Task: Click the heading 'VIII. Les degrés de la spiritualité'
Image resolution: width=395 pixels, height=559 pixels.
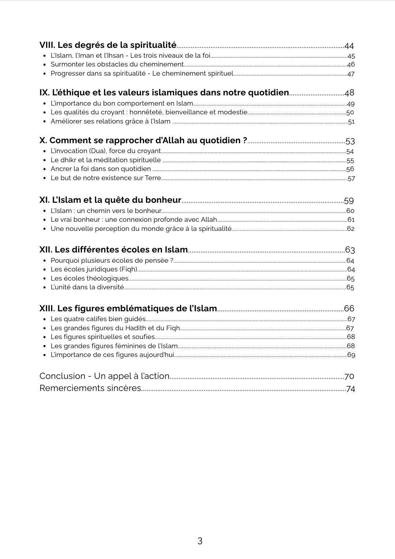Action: pos(108,45)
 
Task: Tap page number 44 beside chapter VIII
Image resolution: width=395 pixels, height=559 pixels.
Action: pos(349,46)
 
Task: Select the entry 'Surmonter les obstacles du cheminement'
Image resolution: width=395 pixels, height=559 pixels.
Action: pos(117,64)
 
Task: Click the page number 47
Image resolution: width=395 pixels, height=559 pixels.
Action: pos(351,74)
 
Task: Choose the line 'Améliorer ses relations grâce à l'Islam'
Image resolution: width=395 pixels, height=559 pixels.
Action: pos(110,121)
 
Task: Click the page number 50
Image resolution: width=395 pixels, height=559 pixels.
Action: pos(350,113)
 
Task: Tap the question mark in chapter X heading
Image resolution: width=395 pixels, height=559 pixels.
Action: pos(245,140)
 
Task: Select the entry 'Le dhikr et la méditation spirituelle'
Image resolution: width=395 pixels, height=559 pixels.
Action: pos(106,160)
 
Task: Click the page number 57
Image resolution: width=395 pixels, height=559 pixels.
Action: pos(351,179)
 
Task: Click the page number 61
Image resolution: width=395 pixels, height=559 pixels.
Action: pos(351,220)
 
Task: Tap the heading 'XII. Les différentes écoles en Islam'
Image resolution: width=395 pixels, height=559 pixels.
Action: pos(113,250)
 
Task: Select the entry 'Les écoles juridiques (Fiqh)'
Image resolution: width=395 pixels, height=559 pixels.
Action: pos(94,269)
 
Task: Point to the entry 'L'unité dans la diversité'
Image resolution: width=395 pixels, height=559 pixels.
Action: pos(87,287)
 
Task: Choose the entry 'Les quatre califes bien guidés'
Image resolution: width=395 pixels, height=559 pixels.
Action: pos(98,319)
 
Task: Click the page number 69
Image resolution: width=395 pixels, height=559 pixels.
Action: pos(351,355)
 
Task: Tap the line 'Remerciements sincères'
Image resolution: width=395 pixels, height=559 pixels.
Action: pos(90,388)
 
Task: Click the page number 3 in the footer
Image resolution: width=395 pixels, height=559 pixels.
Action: pos(200,541)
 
